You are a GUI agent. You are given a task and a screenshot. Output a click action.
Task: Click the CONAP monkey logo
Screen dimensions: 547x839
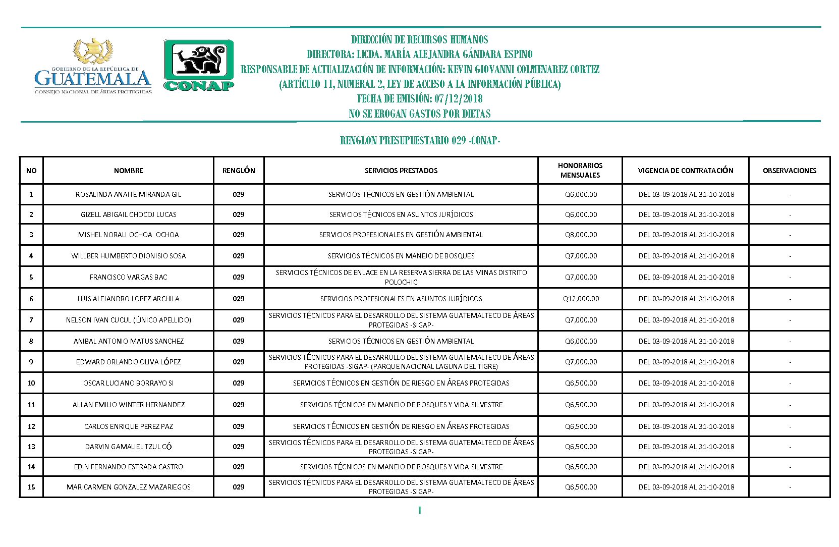[199, 65]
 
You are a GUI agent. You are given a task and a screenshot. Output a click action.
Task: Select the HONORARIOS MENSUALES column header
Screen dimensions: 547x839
[580, 170]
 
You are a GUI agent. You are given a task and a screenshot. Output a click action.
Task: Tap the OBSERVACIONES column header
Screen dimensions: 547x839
[789, 171]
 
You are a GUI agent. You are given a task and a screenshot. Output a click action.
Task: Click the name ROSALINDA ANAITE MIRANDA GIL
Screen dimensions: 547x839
[128, 194]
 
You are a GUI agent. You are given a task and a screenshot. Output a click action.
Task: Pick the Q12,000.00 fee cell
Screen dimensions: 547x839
[581, 299]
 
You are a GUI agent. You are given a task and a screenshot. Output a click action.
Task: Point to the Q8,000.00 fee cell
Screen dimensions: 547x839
[581, 235]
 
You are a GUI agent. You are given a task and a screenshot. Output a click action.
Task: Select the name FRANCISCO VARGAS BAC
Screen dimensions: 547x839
[128, 277]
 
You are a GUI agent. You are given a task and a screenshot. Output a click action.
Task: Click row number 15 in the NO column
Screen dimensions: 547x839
[31, 487]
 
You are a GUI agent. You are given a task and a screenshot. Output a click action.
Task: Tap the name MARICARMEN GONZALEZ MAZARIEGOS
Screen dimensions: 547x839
[128, 487]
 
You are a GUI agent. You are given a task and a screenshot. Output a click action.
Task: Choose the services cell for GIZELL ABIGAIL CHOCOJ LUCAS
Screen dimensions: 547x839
[401, 214]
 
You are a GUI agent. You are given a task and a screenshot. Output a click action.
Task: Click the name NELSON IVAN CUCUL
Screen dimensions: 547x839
[128, 320]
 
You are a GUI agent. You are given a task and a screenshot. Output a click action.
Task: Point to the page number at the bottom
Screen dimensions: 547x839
[419, 511]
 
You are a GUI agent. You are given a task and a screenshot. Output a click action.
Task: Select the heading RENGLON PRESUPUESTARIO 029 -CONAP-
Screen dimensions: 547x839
[420, 140]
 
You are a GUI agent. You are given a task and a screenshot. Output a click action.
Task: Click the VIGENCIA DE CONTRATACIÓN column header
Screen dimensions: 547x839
[685, 171]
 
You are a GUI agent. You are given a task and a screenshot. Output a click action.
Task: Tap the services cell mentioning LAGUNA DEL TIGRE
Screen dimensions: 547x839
[401, 362]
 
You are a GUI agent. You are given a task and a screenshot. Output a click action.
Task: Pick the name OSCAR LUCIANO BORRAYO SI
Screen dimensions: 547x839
[128, 383]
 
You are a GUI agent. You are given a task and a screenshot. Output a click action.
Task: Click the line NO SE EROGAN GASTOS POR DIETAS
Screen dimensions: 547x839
[420, 114]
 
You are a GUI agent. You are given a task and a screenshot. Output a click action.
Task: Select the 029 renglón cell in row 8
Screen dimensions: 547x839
[239, 341]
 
